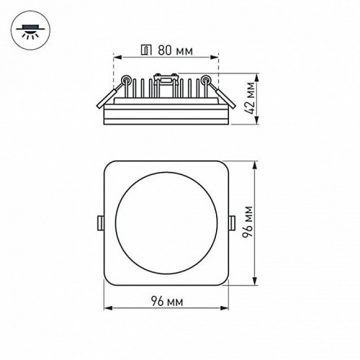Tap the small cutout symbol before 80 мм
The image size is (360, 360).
148,50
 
